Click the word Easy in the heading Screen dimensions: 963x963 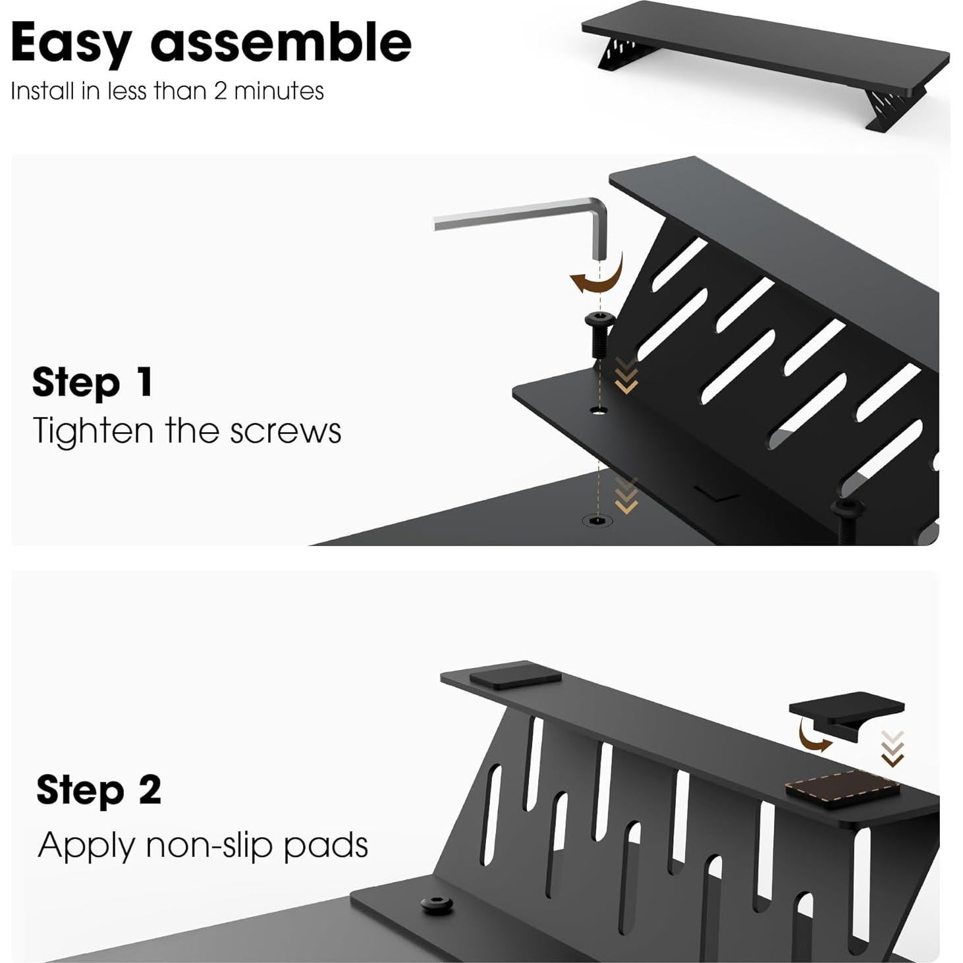(x=71, y=43)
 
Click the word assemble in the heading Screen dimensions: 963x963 (x=281, y=42)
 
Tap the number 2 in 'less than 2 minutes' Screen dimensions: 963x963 (x=220, y=91)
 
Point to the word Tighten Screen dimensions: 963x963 (x=92, y=431)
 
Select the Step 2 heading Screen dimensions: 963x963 (x=98, y=790)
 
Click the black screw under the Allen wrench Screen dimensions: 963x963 (x=599, y=333)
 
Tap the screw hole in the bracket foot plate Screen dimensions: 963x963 (x=599, y=411)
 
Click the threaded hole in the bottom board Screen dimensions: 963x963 (x=597, y=521)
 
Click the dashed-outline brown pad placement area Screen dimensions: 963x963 (x=842, y=788)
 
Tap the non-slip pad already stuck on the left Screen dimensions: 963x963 (x=514, y=676)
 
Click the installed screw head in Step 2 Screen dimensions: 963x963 (x=437, y=904)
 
